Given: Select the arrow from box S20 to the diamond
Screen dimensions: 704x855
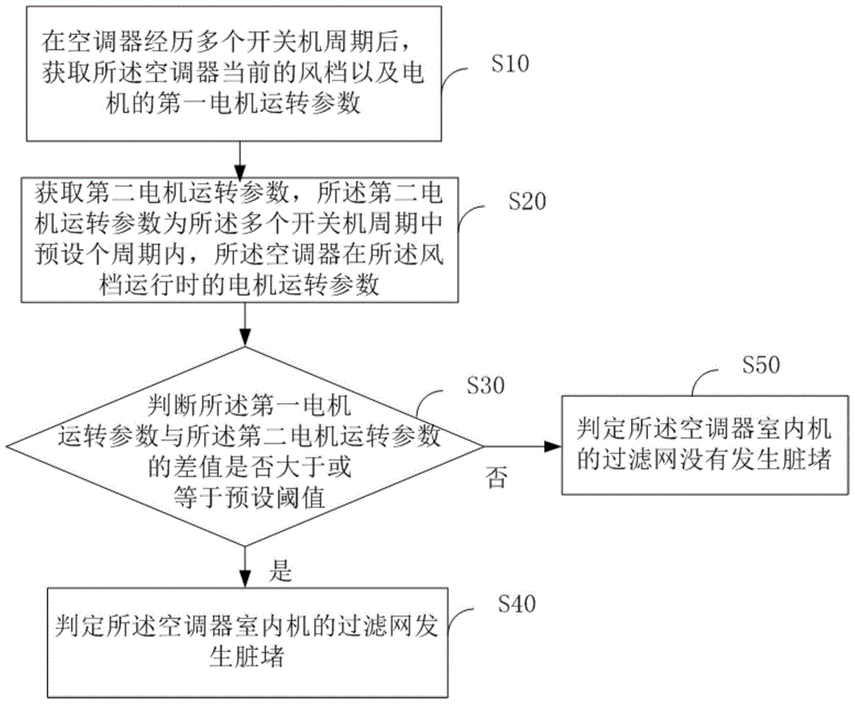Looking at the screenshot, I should (x=245, y=324).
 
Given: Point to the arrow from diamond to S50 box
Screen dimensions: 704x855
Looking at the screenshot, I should (x=522, y=446).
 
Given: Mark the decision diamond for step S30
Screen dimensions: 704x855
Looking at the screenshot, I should (x=245, y=446).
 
